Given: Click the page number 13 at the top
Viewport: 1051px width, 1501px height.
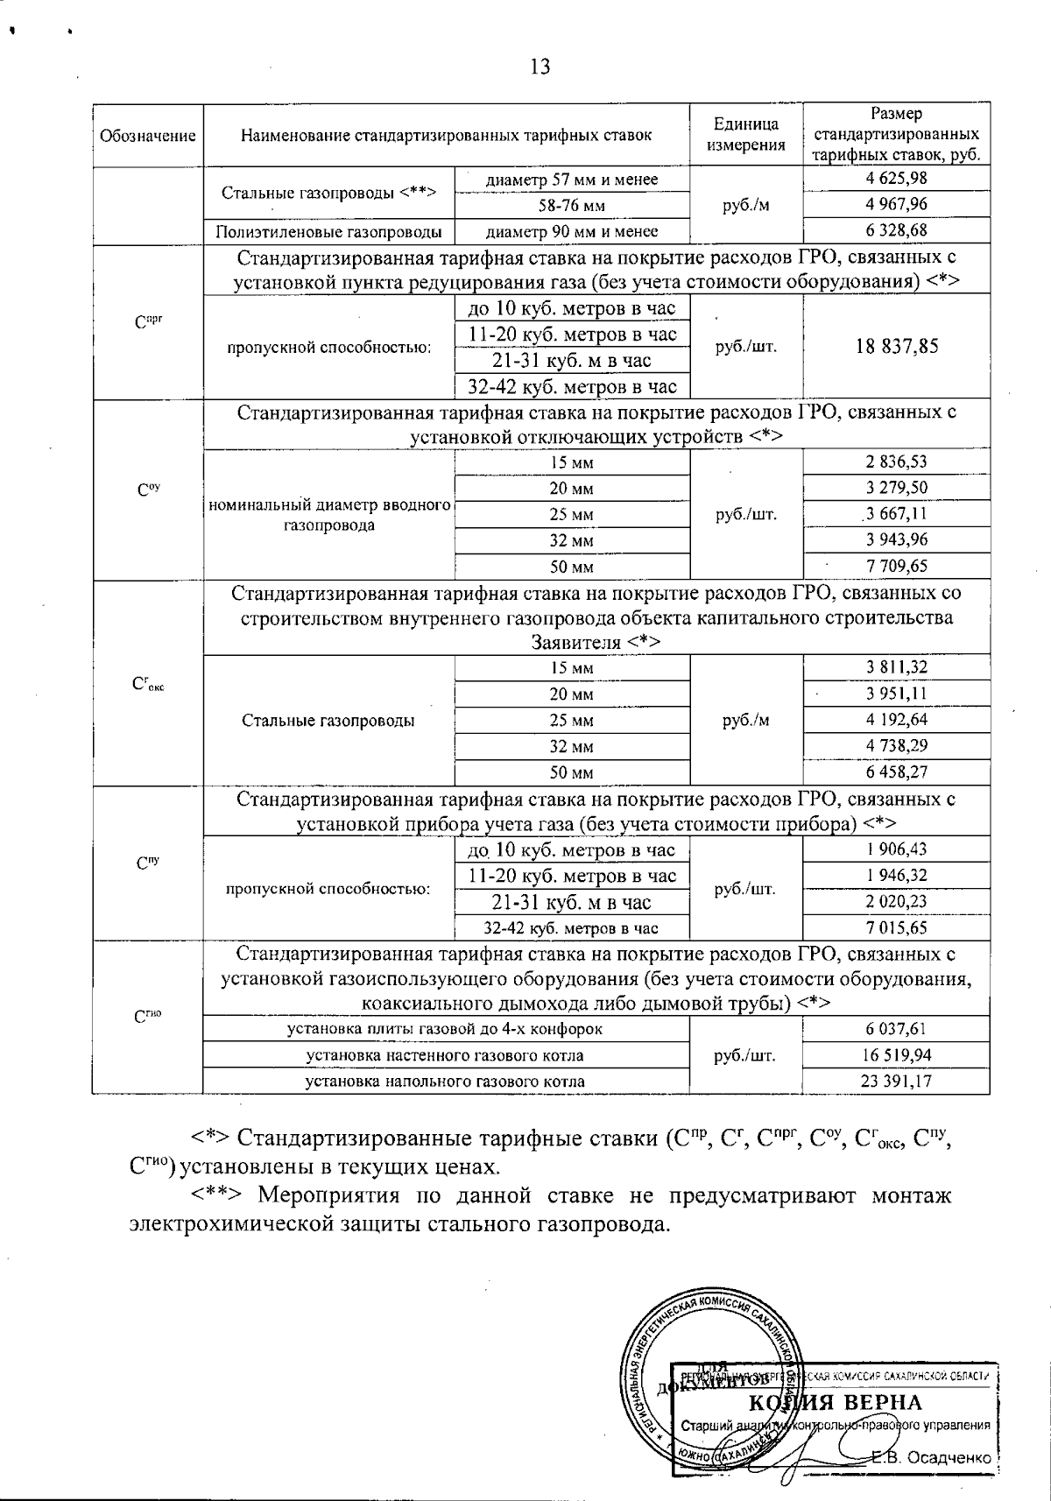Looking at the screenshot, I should [x=540, y=67].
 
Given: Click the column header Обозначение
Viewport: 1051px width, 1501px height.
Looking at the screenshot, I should [x=147, y=136].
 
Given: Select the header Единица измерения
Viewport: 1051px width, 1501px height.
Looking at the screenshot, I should [x=746, y=136].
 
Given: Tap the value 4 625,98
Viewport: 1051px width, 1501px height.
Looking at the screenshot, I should [x=896, y=179].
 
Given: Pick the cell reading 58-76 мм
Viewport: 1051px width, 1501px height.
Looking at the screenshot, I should [x=572, y=206].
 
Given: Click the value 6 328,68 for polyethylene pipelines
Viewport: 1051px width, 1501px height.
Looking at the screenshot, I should [x=896, y=231].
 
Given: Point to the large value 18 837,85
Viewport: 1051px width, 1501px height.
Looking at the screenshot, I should [x=896, y=346].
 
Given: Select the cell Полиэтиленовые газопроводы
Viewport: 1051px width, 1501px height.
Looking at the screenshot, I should [x=329, y=231].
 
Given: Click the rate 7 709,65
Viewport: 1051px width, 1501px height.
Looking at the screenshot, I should [x=896, y=567].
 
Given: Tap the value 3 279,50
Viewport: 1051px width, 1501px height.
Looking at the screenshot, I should [x=896, y=488].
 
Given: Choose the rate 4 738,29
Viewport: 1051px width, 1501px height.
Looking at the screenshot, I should [x=896, y=746].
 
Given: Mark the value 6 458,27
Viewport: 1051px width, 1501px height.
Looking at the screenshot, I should [x=896, y=772].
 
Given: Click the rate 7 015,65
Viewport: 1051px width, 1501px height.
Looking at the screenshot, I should [x=896, y=927].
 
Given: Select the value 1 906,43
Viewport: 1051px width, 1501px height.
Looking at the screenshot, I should [x=896, y=849].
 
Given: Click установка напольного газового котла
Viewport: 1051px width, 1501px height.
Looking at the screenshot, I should [x=445, y=1082].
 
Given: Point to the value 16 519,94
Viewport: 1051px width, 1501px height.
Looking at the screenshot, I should [x=896, y=1055].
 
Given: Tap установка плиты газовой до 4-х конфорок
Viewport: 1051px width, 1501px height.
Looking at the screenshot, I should [x=445, y=1029].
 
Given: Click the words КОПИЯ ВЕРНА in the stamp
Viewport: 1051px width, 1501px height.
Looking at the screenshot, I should [x=836, y=1402].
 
